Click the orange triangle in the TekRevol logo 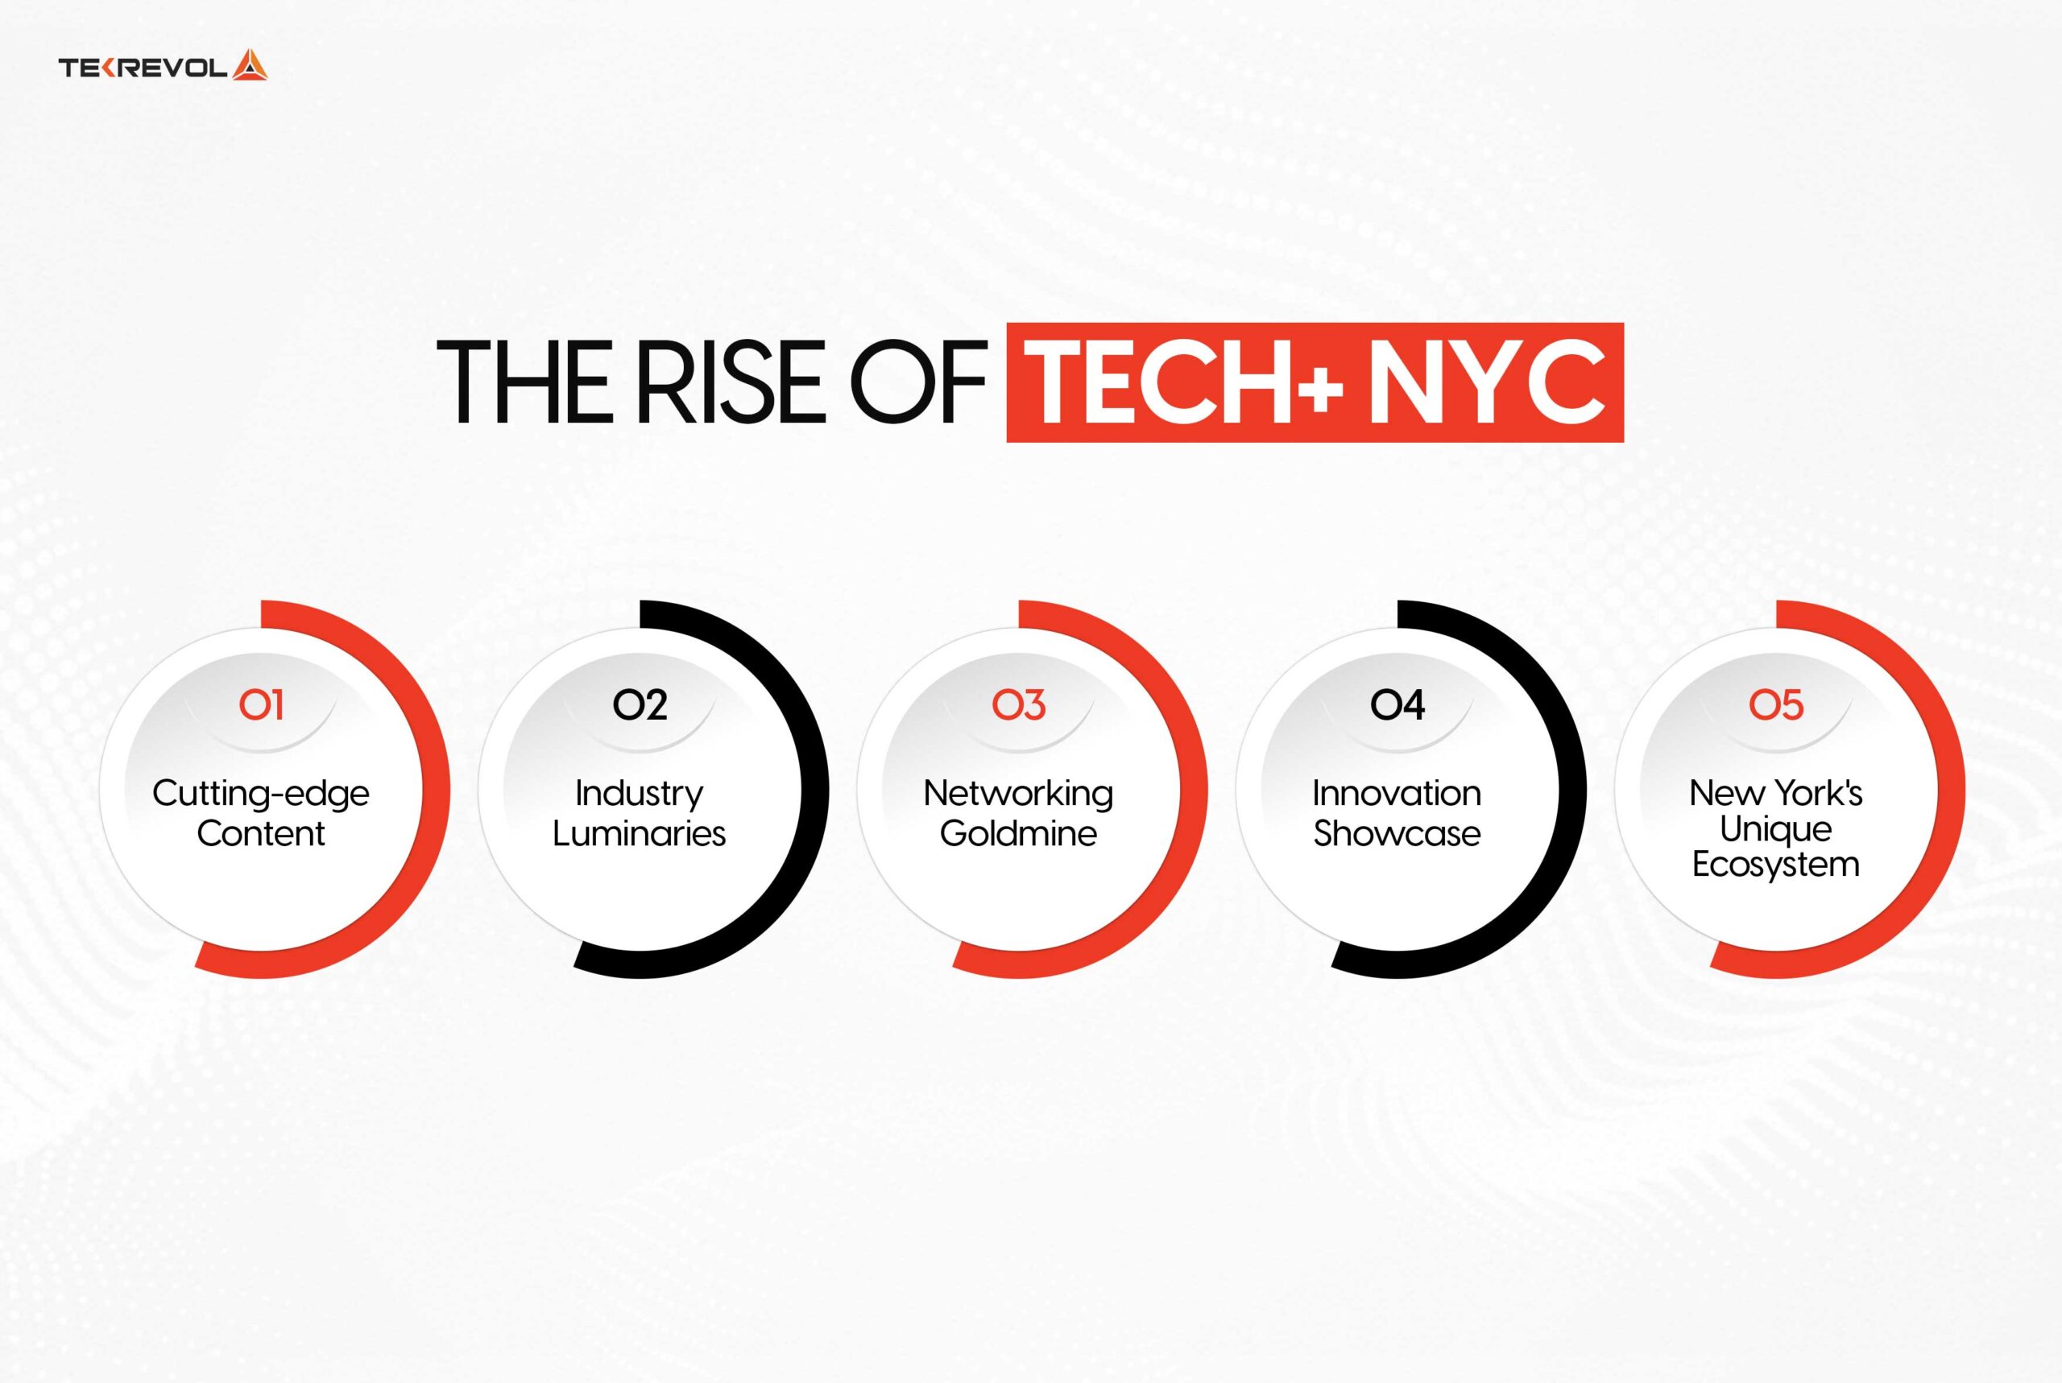pyautogui.click(x=250, y=66)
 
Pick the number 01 pyautogui.click(x=261, y=704)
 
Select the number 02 pyautogui.click(x=640, y=704)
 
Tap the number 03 pyautogui.click(x=1018, y=704)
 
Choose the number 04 pyautogui.click(x=1397, y=704)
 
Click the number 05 pyautogui.click(x=1775, y=704)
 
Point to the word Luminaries pyautogui.click(x=640, y=833)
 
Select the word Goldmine pyautogui.click(x=1018, y=833)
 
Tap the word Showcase pyautogui.click(x=1397, y=833)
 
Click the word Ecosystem pyautogui.click(x=1775, y=865)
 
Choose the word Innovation pyautogui.click(x=1397, y=794)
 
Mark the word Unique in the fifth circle pyautogui.click(x=1775, y=830)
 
